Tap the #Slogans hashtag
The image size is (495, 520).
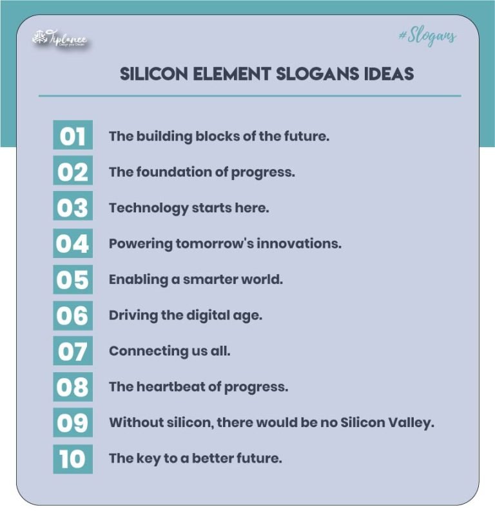click(x=427, y=36)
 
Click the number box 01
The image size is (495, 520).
click(x=73, y=135)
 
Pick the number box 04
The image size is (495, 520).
click(x=73, y=243)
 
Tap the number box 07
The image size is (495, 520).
click(x=73, y=351)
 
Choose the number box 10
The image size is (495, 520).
click(x=73, y=459)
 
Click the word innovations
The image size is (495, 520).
click(x=302, y=244)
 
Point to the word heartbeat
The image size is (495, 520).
click(x=168, y=387)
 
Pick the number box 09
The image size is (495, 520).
click(x=73, y=423)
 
